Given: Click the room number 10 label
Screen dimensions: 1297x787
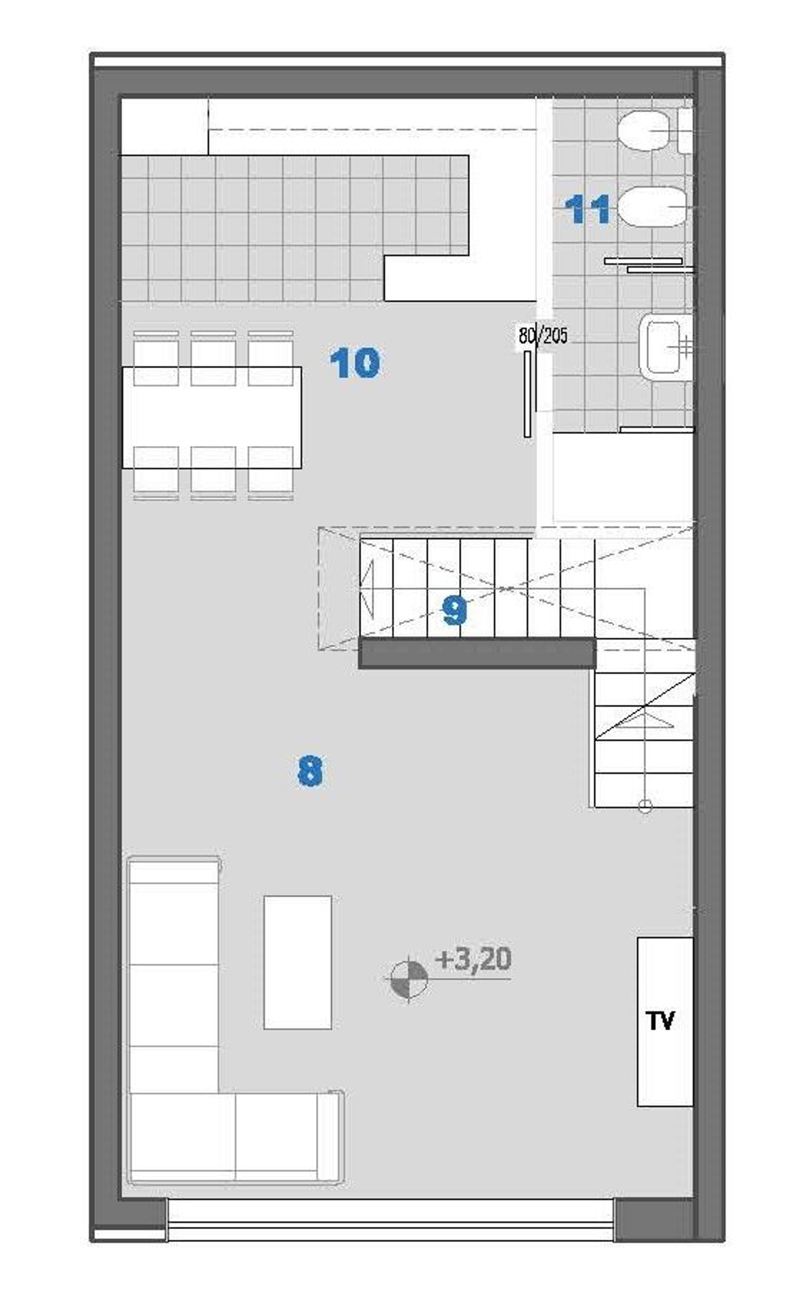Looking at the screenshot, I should click(354, 363).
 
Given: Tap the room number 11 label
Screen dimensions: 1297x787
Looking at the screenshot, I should click(587, 209).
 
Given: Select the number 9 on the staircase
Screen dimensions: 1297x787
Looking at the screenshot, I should click(454, 611).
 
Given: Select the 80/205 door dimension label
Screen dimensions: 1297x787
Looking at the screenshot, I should click(543, 335).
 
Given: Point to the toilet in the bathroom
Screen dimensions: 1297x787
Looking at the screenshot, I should click(645, 131).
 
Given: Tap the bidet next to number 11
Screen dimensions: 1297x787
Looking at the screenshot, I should click(653, 207).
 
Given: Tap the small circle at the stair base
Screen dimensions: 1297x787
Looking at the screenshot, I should click(645, 805).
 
